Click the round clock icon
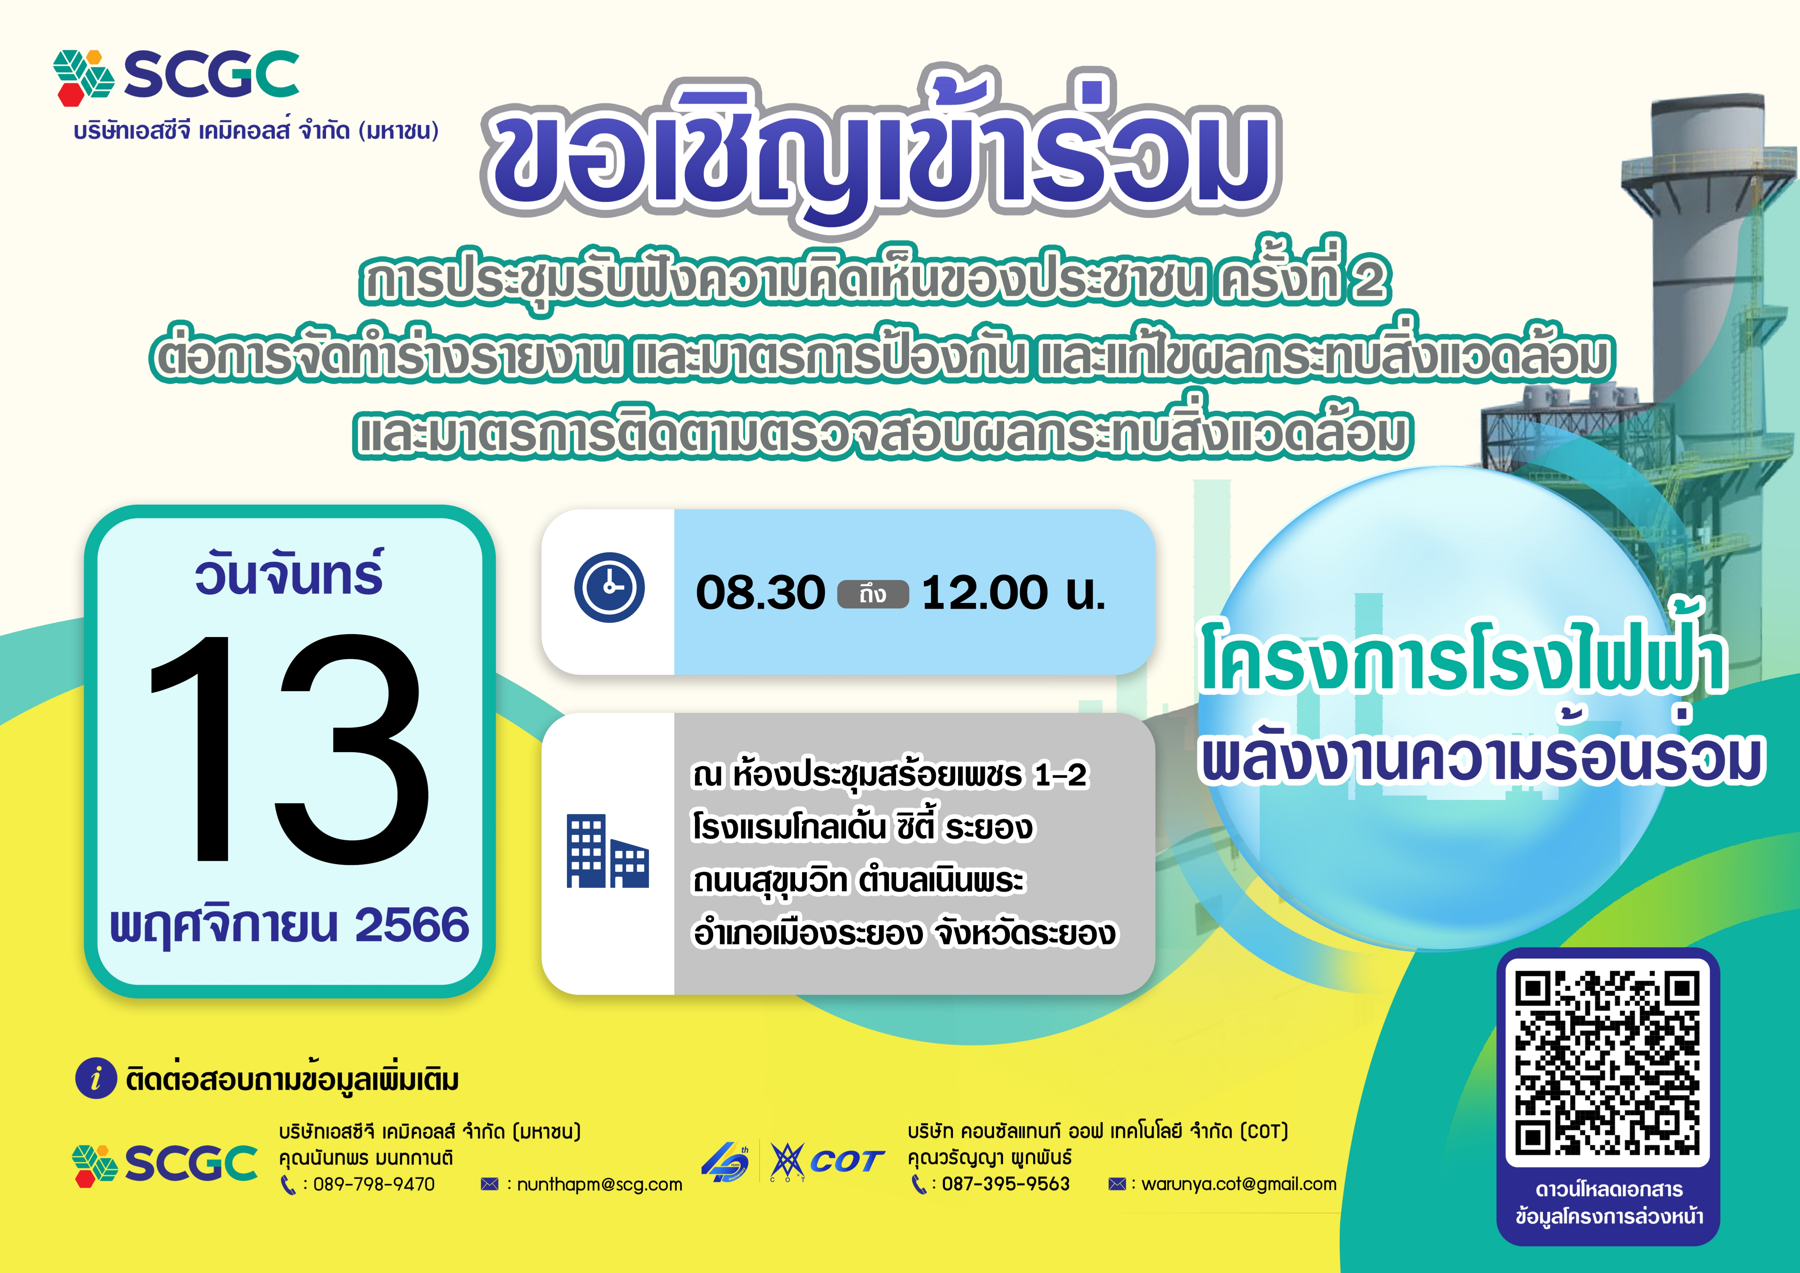point(609,588)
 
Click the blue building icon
point(608,850)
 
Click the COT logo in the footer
point(827,1161)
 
